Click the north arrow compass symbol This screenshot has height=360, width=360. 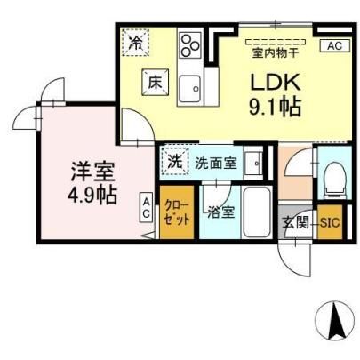click(x=335, y=321)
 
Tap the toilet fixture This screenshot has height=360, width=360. click(x=334, y=180)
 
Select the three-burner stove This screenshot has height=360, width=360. click(x=190, y=45)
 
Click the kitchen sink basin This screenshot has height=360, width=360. click(x=189, y=89)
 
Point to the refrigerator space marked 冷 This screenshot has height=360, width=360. click(x=136, y=42)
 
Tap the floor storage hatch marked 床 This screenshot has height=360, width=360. click(x=155, y=83)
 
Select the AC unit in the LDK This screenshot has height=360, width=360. click(x=335, y=45)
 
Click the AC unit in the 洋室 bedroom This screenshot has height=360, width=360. click(x=146, y=207)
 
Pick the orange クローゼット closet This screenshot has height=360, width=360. click(x=177, y=212)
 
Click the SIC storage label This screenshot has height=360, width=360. click(x=330, y=222)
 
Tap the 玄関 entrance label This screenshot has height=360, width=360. click(x=295, y=222)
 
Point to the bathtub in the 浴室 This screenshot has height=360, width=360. click(x=257, y=212)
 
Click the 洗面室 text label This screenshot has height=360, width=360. click(x=215, y=163)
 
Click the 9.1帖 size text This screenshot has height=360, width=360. click(x=275, y=108)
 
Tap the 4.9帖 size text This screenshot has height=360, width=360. click(x=92, y=195)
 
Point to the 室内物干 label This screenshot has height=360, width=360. click(x=275, y=53)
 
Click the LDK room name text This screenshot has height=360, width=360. click(x=276, y=82)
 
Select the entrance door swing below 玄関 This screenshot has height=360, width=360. click(x=295, y=259)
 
